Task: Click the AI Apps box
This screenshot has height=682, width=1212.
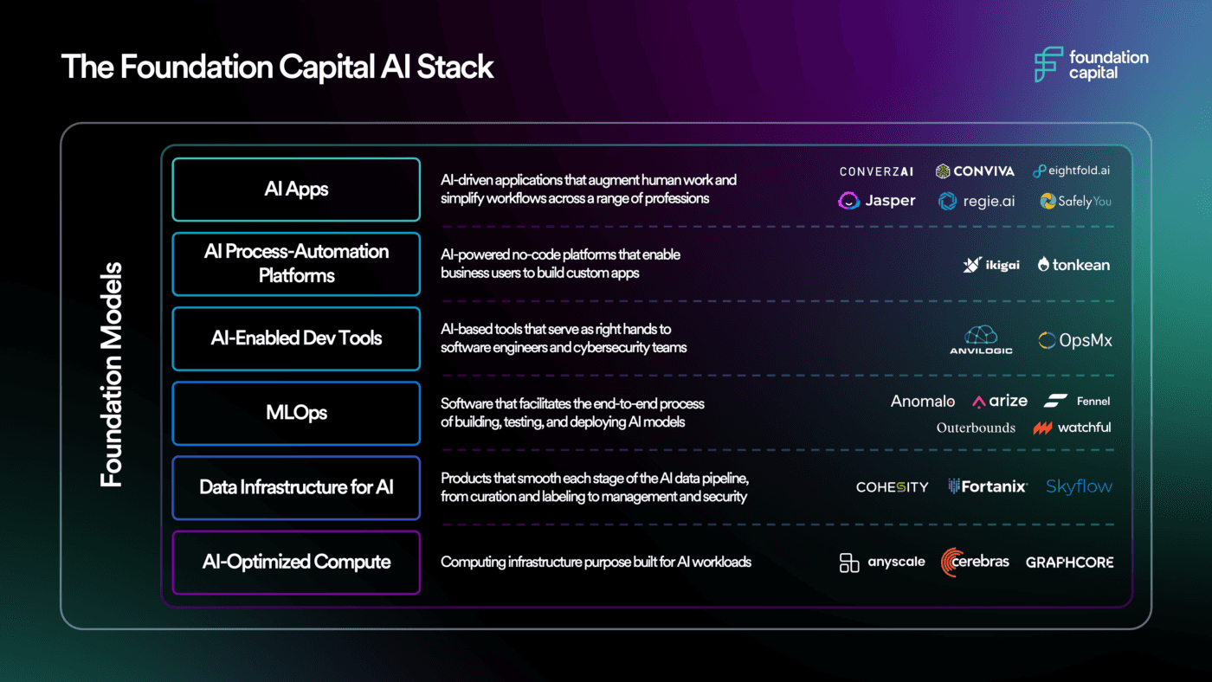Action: pos(296,189)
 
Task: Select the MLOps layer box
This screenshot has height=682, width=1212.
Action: pos(296,413)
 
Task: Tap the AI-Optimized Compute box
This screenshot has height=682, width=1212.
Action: pos(296,563)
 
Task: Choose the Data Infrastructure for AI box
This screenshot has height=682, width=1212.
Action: pos(296,487)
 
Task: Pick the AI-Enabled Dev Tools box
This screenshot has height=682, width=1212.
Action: pos(296,338)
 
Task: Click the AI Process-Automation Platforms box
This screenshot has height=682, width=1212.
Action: pos(296,264)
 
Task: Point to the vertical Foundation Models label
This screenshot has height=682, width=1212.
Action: pos(111,375)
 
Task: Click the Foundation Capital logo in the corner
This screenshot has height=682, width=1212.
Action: pos(1091,65)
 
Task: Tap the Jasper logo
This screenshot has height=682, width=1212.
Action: pos(877,201)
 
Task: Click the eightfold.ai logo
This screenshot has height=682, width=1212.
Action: pos(1071,171)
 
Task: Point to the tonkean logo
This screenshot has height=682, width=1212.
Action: pos(1073,265)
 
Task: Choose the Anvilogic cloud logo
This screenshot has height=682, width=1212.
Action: pos(981,339)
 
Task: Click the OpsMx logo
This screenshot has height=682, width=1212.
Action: pos(1075,340)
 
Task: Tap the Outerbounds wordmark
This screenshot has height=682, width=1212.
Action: pos(975,428)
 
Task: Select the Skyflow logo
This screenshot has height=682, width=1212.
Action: pos(1079,486)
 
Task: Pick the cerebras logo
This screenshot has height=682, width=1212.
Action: pos(975,562)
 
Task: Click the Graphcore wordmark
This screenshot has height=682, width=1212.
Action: pos(1069,563)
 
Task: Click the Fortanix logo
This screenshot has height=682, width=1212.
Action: pos(987,486)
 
